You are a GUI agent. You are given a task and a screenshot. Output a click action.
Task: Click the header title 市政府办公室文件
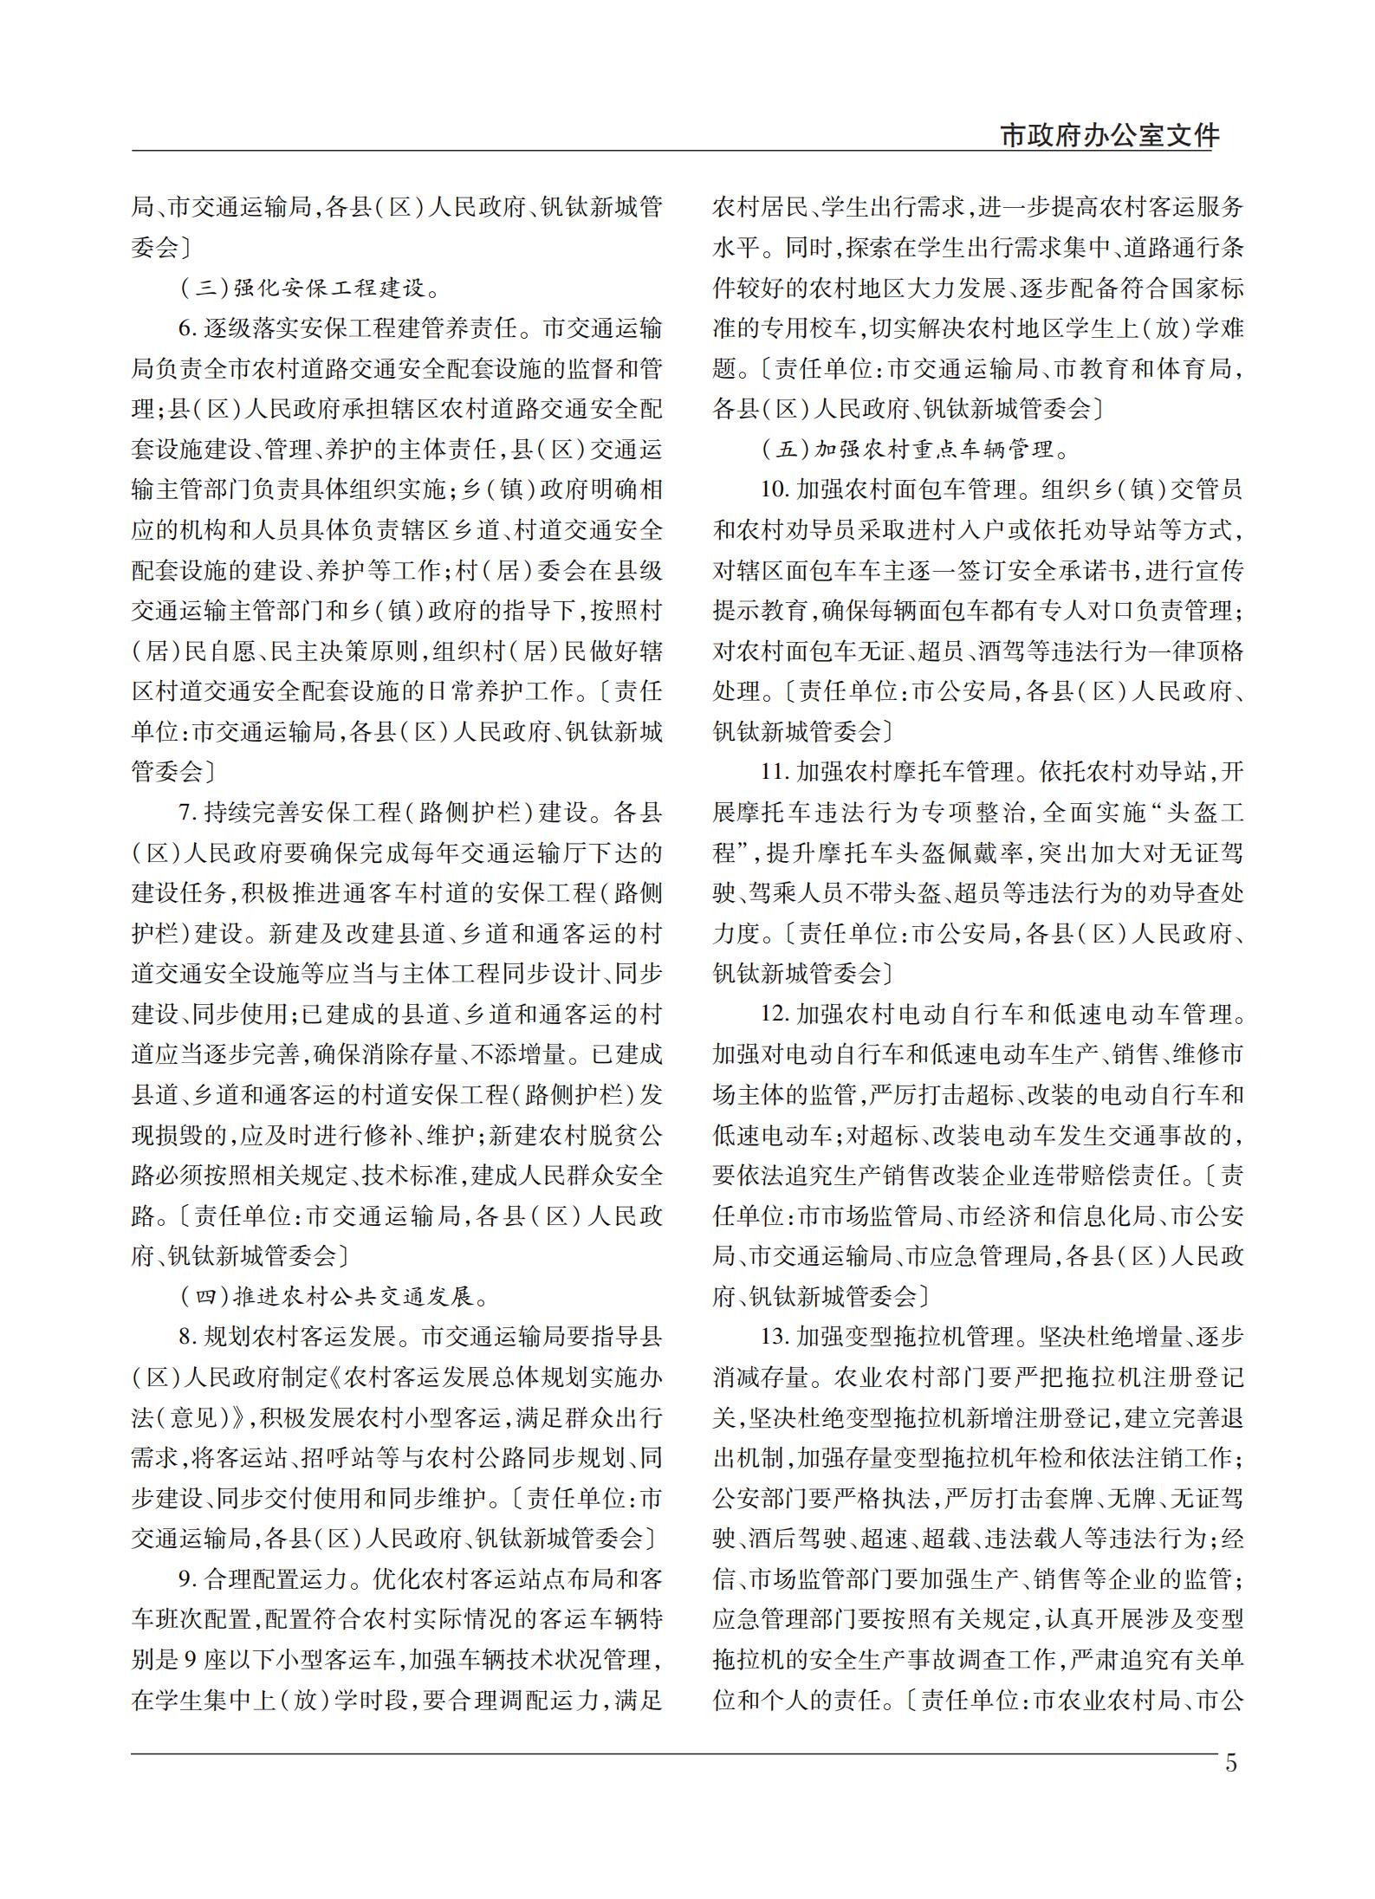tap(1109, 136)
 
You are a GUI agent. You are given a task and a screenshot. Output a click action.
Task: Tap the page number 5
tap(1231, 1762)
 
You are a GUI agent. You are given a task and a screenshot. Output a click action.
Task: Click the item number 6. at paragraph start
tap(188, 329)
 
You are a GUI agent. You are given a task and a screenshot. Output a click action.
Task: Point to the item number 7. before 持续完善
tap(188, 813)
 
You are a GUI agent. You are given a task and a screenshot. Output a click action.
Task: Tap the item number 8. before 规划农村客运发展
tap(188, 1337)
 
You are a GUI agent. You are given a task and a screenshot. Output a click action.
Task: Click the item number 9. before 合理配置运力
tap(188, 1578)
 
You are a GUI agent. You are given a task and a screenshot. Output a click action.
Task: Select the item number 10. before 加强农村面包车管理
tap(774, 489)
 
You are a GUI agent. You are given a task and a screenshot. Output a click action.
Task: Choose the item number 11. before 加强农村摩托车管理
tap(774, 772)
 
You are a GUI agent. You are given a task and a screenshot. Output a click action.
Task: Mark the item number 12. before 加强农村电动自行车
tap(774, 1014)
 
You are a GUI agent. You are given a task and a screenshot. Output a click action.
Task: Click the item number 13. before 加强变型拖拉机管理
tap(774, 1337)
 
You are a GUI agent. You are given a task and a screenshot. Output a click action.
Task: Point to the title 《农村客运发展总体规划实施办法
tap(503, 1377)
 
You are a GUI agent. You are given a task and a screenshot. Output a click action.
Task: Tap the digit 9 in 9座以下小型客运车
tap(191, 1659)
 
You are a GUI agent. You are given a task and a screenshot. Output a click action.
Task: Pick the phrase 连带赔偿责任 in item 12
tap(1107, 1175)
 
